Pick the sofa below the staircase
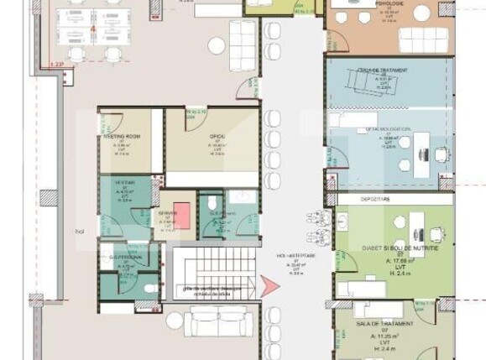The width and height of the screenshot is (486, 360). [x=217, y=320]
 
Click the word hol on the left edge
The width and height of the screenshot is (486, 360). [x=81, y=231]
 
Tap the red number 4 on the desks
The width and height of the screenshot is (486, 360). [x=93, y=29]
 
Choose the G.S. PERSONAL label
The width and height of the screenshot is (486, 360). [x=123, y=258]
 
